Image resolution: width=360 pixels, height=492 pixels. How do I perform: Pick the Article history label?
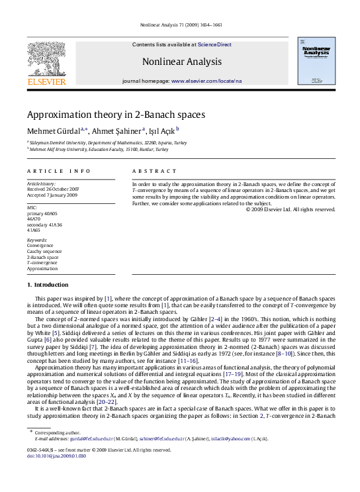point(40,182)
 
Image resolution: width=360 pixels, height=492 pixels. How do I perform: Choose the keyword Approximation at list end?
point(43,270)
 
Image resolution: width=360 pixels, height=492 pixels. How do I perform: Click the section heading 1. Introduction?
point(51,284)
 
